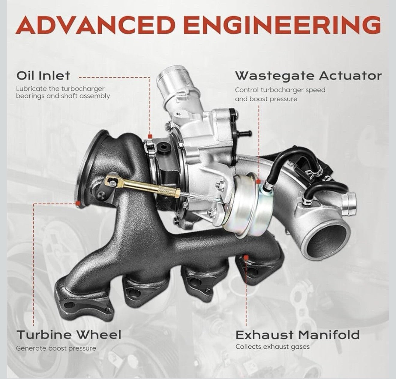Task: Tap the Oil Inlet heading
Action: coord(43,76)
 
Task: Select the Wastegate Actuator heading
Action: coord(308,76)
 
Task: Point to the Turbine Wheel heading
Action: coord(69,335)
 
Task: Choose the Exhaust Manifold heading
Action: coord(297,335)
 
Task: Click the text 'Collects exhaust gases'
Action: coord(272,347)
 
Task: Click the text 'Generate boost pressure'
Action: coord(56,348)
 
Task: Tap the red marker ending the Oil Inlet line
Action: coord(150,136)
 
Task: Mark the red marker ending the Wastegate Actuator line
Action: coord(259,181)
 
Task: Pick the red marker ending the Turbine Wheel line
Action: coord(79,203)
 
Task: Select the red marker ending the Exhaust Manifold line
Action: coord(246,257)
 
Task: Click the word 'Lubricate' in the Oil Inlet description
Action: coord(31,89)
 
